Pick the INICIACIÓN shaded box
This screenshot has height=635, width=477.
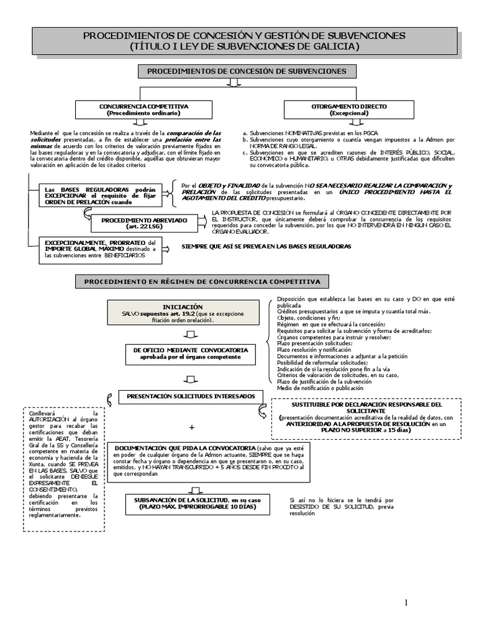[x=183, y=313]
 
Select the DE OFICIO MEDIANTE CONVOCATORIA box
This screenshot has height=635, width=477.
[x=190, y=353]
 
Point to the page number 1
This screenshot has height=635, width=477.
[x=406, y=603]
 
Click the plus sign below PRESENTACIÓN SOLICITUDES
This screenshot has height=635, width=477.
[x=191, y=428]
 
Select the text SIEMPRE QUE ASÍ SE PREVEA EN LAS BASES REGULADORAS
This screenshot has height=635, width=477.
[x=266, y=246]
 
